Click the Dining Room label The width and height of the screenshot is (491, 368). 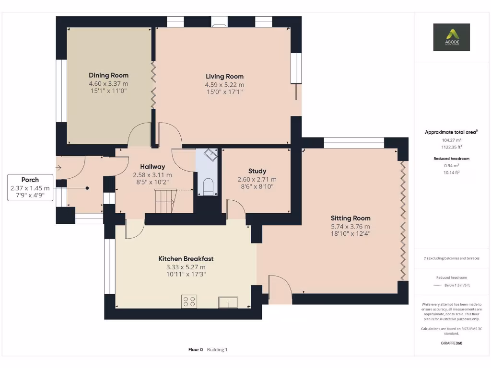coord(108,75)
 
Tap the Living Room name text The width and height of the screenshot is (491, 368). coord(224,76)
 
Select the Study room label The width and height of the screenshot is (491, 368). coord(257,171)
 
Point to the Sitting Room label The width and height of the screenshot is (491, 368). coord(350,218)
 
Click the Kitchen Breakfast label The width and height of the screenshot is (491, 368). coord(186,259)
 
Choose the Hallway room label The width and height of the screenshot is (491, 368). coord(152,167)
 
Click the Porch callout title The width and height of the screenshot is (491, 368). coord(30,180)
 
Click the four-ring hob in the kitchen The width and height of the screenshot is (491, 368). coord(189,302)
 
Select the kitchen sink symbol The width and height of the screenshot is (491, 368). coord(228,302)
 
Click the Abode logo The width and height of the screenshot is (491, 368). coord(451,37)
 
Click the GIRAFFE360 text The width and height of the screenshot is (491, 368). coord(451,343)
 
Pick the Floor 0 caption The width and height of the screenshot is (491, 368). coord(196,350)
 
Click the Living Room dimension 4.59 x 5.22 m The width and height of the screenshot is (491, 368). coord(224,85)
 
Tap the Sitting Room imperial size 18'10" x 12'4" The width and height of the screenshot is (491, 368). coord(350,234)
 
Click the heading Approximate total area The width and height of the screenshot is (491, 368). coord(450,132)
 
